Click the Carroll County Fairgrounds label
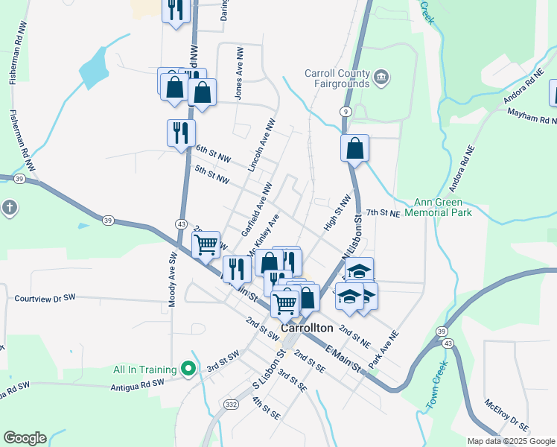(x=337, y=78)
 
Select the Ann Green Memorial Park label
(x=444, y=207)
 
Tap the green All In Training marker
(x=189, y=369)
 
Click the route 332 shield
(x=230, y=404)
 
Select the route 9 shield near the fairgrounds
(x=345, y=111)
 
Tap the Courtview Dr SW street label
(x=45, y=298)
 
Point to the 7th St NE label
(x=383, y=213)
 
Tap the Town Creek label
(x=437, y=384)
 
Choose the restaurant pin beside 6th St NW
(x=181, y=133)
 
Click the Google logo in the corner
(x=25, y=438)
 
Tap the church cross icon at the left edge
(x=8, y=207)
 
